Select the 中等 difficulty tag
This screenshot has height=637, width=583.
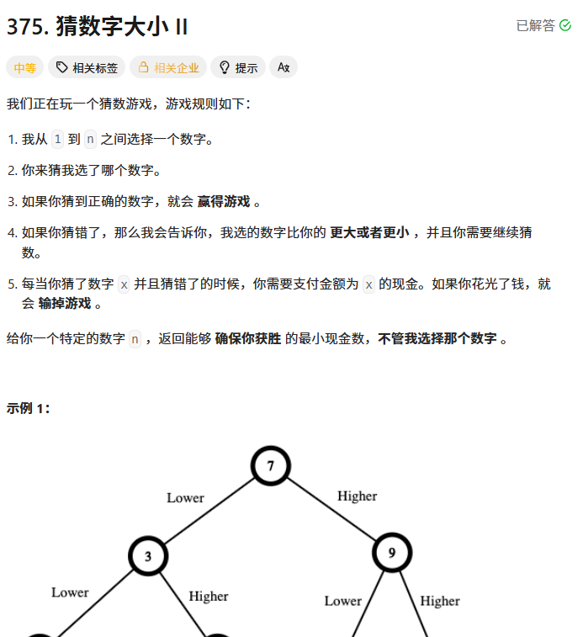click(24, 67)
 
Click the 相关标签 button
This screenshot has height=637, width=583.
click(87, 67)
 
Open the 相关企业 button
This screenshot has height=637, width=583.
click(168, 67)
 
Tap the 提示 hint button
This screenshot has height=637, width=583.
click(237, 67)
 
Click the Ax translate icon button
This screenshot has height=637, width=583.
click(284, 67)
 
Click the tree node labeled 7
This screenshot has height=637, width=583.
click(270, 465)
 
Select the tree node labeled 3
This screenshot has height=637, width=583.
click(148, 556)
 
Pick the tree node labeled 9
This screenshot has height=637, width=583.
click(392, 553)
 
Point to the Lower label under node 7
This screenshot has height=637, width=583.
click(185, 497)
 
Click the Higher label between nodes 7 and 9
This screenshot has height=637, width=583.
click(357, 496)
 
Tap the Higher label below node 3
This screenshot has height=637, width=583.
click(208, 596)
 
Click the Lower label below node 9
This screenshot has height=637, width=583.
click(343, 601)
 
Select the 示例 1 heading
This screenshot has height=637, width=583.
click(29, 408)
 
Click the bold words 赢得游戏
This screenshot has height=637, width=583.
click(224, 201)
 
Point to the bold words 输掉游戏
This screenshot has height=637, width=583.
click(64, 303)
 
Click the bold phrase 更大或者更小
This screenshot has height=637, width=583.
click(369, 232)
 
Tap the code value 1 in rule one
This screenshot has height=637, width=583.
click(57, 139)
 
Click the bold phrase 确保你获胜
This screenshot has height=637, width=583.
click(248, 338)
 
